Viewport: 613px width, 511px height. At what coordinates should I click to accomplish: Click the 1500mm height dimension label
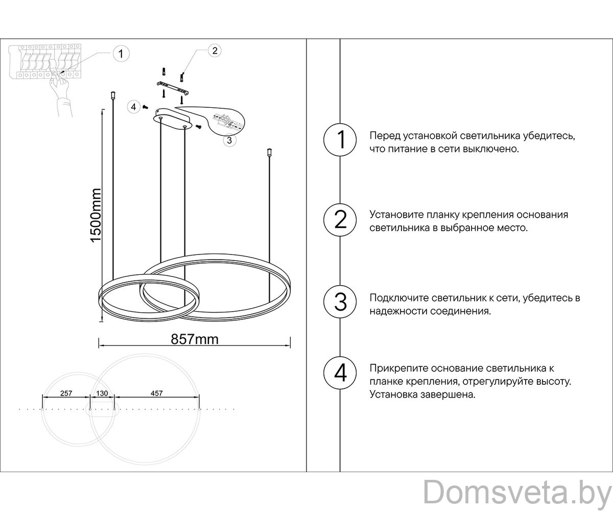96,215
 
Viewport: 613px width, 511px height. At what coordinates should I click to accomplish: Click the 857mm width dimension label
195,339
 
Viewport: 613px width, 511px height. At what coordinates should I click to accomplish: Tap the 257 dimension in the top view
66,393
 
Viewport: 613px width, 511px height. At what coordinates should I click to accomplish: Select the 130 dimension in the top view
102,393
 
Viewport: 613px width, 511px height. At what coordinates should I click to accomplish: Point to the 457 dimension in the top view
156,393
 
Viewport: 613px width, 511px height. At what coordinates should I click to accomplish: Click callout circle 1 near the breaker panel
121,54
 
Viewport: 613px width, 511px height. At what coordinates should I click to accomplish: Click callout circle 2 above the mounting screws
215,51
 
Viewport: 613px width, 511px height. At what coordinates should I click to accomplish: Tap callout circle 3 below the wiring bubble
229,141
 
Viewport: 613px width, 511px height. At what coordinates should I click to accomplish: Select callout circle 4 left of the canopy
133,107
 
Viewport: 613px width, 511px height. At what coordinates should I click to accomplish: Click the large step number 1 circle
340,140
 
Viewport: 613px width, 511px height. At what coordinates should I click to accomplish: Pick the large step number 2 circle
340,220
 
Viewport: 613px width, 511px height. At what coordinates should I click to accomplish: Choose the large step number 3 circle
340,301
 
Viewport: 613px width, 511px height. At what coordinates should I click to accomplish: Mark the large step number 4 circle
340,373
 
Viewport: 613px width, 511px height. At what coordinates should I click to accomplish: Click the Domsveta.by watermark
517,493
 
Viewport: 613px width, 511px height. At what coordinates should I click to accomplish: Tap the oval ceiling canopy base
172,120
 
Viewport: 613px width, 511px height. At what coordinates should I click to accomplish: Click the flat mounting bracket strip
173,88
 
